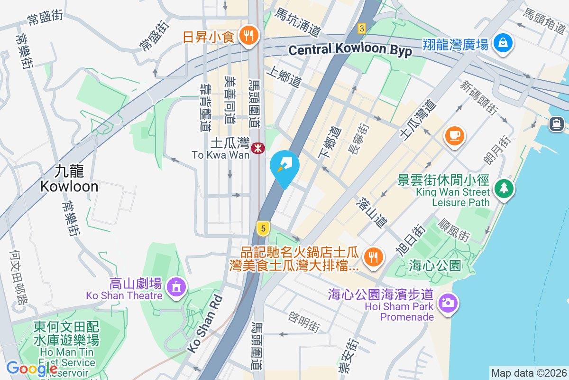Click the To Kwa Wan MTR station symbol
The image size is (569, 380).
(258, 148)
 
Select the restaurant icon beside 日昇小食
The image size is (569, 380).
(248, 35)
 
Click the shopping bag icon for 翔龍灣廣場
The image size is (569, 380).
(501, 44)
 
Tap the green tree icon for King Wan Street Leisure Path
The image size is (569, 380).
(504, 189)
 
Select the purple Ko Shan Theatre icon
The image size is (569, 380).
(176, 286)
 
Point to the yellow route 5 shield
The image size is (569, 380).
(263, 228)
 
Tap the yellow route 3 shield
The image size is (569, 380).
(362, 28)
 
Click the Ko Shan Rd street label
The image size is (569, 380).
(206, 324)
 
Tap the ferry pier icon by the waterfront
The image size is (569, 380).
(557, 124)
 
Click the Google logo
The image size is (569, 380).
(32, 368)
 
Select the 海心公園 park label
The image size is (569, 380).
(435, 266)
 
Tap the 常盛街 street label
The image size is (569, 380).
(45, 18)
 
